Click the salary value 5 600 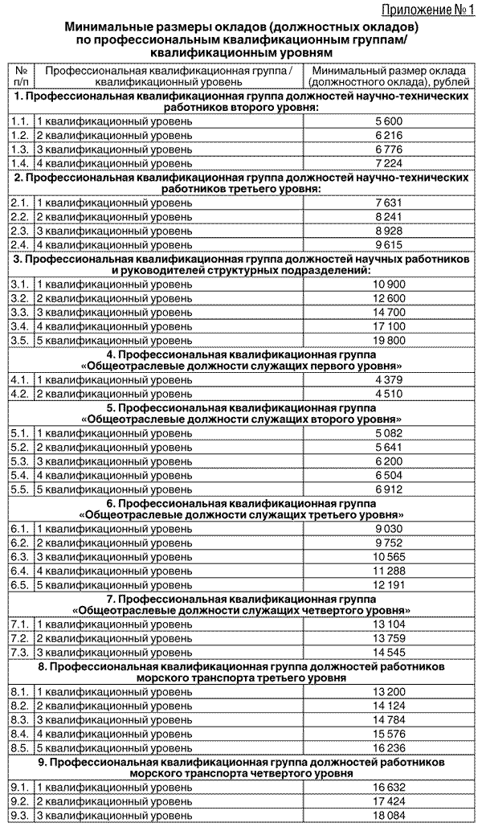pyautogui.click(x=387, y=121)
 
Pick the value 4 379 pyautogui.click(x=387, y=379)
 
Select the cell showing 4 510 pyautogui.click(x=387, y=393)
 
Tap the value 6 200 pyautogui.click(x=387, y=461)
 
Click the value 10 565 pyautogui.click(x=387, y=556)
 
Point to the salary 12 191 pyautogui.click(x=387, y=583)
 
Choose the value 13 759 pyautogui.click(x=387, y=637)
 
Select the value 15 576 pyautogui.click(x=387, y=733)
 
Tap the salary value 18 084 pyautogui.click(x=387, y=815)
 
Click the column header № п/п pyautogui.click(x=22, y=76)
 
